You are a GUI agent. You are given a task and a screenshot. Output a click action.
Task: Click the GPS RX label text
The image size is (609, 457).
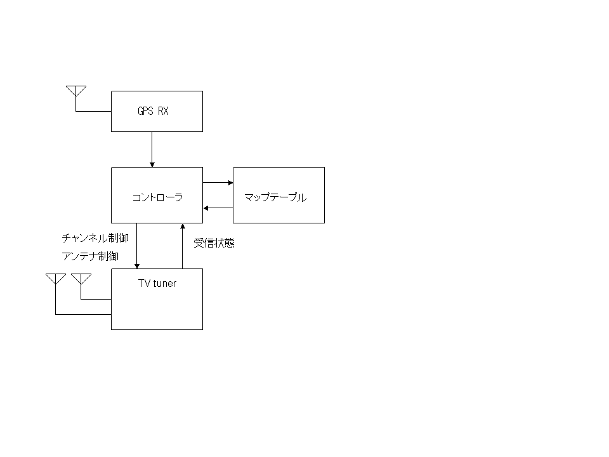click(153, 111)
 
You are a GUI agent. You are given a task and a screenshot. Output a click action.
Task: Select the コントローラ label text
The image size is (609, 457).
click(157, 197)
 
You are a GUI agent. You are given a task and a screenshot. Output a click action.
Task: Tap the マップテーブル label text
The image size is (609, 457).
click(275, 197)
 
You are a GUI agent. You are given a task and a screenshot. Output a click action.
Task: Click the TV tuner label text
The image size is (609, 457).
click(157, 283)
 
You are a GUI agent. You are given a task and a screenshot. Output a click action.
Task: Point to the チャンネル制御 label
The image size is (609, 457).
click(95, 238)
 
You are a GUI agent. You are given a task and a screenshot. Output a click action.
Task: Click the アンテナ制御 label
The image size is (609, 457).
click(90, 256)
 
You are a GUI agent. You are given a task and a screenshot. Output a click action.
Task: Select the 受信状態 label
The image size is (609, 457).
click(214, 243)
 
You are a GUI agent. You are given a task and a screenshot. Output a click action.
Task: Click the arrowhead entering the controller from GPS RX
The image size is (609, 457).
click(152, 165)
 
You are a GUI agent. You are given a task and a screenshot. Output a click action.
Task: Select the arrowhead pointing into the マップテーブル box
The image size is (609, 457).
click(230, 183)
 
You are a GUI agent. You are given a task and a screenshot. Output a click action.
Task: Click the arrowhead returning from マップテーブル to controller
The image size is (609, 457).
click(206, 208)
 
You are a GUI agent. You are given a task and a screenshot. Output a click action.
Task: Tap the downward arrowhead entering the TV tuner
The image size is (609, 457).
click(137, 266)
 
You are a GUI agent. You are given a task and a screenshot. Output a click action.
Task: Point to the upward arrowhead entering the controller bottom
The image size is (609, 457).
click(183, 226)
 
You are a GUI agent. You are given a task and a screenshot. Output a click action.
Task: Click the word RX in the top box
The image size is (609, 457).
click(163, 111)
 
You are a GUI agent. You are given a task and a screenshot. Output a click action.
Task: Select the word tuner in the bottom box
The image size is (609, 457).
click(165, 284)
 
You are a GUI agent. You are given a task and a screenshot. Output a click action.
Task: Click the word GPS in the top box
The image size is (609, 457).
click(146, 111)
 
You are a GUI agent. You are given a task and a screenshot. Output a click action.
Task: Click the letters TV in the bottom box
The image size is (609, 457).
click(144, 283)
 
